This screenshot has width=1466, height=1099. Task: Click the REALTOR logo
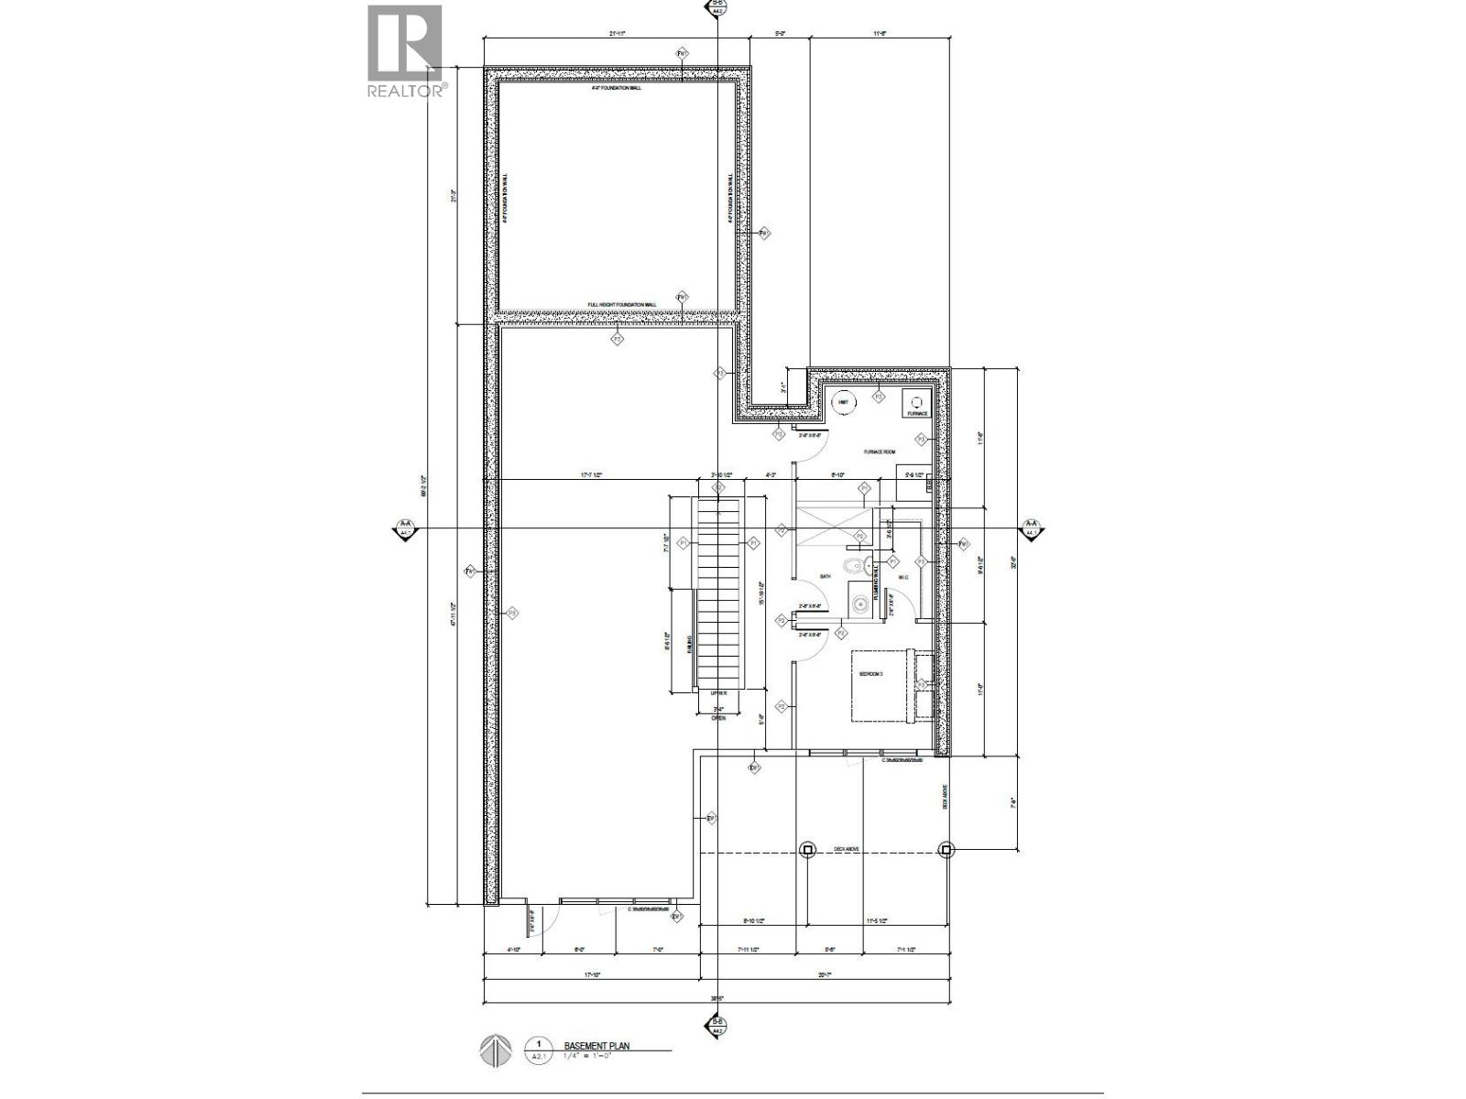click(x=405, y=51)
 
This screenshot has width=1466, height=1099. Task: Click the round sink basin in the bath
click(x=859, y=604)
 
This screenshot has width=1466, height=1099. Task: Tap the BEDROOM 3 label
click(x=870, y=674)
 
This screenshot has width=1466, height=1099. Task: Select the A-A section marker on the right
click(x=1032, y=529)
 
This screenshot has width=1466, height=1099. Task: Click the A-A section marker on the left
click(x=404, y=529)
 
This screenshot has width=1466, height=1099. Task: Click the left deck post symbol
click(x=808, y=850)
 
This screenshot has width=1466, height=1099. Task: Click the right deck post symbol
click(x=946, y=850)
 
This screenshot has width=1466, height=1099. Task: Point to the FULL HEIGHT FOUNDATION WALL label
click(x=622, y=305)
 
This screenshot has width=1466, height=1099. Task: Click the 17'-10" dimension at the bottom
click(x=591, y=976)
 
